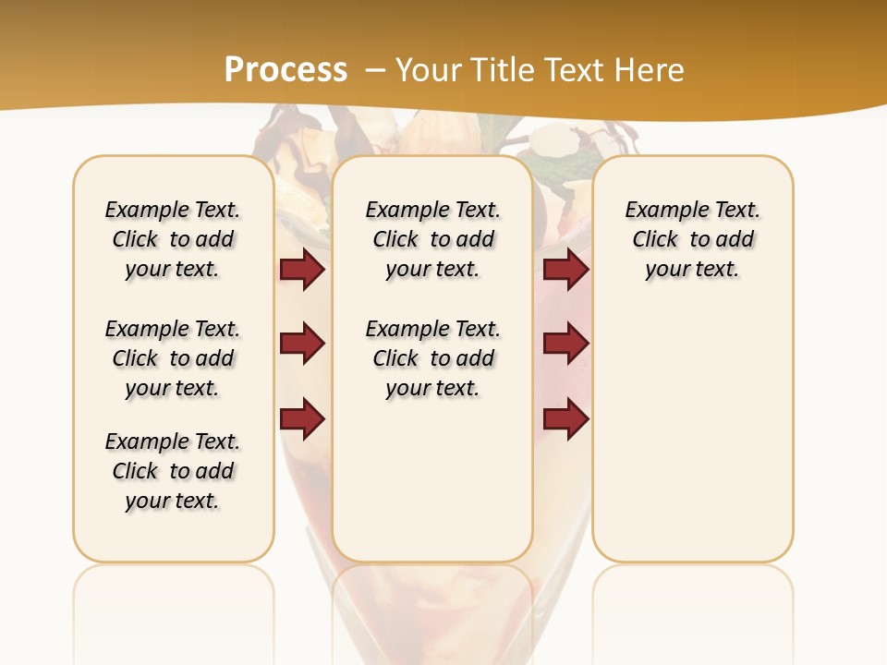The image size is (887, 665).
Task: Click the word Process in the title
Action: pos(286,70)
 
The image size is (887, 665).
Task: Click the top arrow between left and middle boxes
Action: pos(302,270)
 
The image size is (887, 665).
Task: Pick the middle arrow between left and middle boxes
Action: pos(302,345)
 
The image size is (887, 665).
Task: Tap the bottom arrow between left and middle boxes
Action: pos(302,419)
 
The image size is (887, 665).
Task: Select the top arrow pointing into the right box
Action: pos(565,270)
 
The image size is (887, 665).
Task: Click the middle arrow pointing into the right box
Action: pos(565,345)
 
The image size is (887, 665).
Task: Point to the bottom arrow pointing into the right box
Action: pos(565,419)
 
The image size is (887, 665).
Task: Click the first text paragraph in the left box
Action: pos(173,239)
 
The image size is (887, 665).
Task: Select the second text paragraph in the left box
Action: pos(173,358)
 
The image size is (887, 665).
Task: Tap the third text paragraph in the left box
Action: pos(173,471)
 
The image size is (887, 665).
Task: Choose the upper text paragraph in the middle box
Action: pos(432,239)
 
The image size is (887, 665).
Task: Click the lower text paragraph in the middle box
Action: pos(432,358)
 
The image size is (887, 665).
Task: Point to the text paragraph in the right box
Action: pos(692,239)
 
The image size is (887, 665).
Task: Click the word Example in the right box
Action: pos(659,211)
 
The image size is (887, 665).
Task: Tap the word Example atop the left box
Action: pos(139,211)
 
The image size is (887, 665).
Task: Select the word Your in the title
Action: pos(426,70)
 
